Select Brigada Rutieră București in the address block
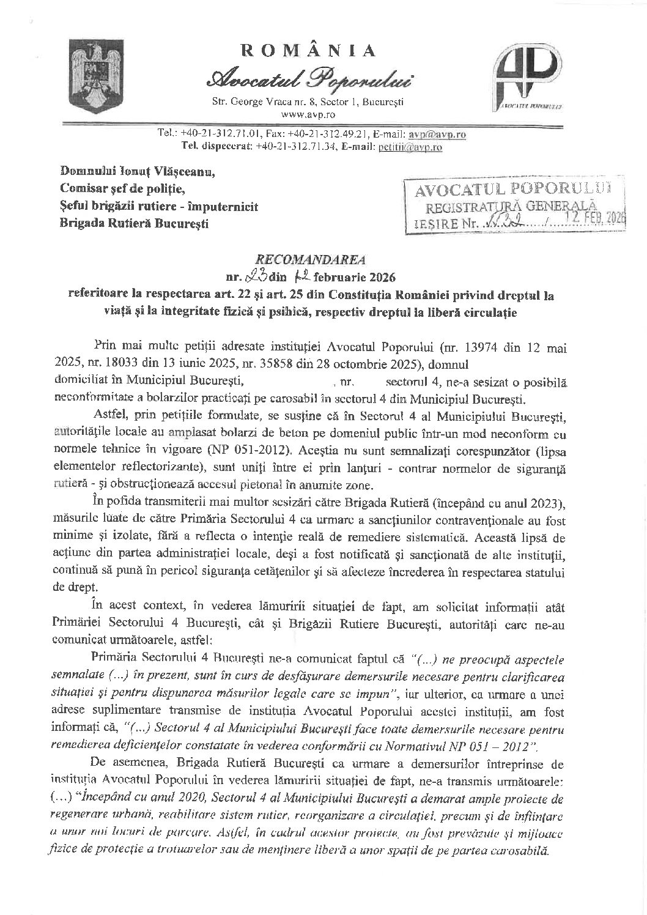coord(134,223)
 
